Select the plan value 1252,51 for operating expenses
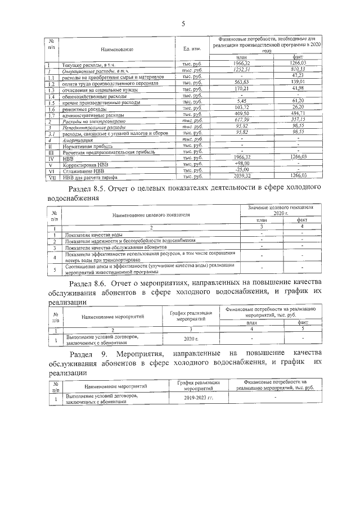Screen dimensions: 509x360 [x=241, y=71]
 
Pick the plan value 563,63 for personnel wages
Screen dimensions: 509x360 [x=241, y=83]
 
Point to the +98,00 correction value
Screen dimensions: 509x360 [x=241, y=164]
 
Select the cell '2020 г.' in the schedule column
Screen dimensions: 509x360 [x=191, y=339]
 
